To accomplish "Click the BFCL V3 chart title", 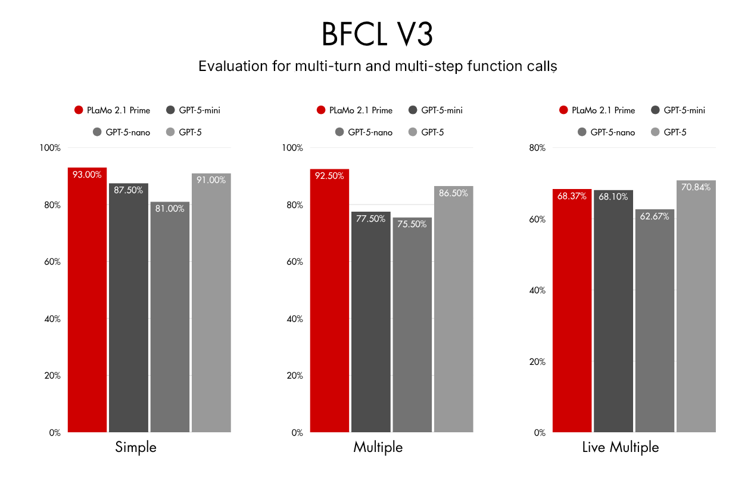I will (x=377, y=34).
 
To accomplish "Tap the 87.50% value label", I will (x=128, y=190).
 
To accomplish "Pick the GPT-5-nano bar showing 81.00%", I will (x=170, y=317).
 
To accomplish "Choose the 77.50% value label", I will (x=370, y=219).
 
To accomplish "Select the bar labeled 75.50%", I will (x=412, y=325).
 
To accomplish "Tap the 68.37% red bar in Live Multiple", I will (x=572, y=311).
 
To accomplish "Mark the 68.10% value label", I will (x=613, y=197).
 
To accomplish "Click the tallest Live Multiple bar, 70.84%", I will (x=696, y=306).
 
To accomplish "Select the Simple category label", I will (x=136, y=447).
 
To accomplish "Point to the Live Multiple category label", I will (x=621, y=447).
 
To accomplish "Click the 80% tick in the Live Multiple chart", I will (x=537, y=148).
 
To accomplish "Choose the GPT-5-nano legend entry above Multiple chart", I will (x=364, y=132).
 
